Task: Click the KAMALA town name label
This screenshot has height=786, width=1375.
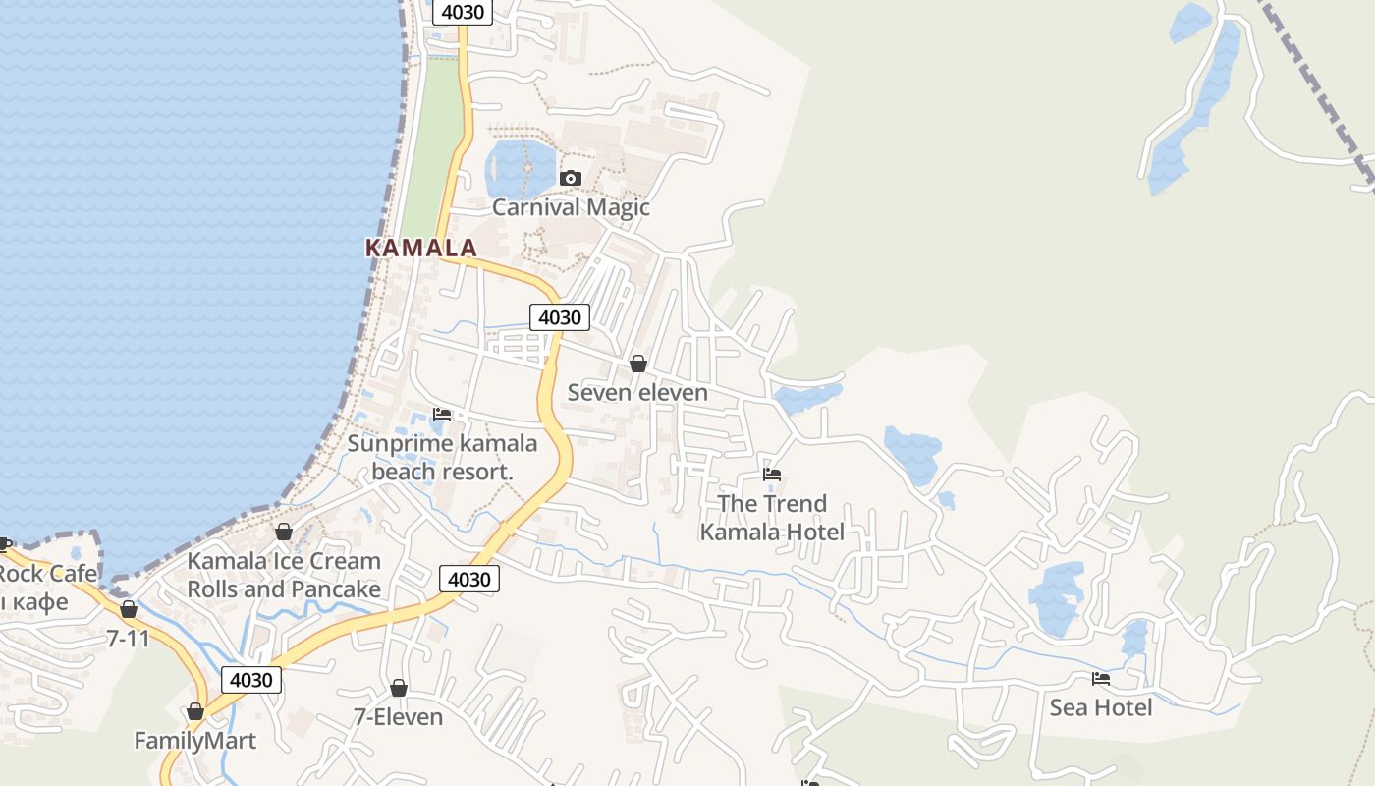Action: [421, 248]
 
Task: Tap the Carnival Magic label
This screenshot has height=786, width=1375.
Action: [571, 207]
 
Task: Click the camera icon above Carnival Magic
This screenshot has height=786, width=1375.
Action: [570, 178]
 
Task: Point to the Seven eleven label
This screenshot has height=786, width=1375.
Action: [637, 393]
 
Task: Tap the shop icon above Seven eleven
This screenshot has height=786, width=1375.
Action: [638, 364]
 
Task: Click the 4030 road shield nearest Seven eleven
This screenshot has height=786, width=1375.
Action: [560, 317]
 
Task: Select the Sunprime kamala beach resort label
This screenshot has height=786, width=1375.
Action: [442, 457]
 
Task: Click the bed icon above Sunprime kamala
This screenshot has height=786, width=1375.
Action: [442, 415]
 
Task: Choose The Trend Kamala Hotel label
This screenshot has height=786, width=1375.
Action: [772, 518]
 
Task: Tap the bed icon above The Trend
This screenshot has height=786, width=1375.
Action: [772, 475]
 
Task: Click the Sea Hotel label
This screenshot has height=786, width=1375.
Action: [1101, 707]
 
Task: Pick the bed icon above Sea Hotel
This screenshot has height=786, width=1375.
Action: [1101, 678]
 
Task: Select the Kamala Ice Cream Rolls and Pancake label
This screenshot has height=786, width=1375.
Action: [284, 575]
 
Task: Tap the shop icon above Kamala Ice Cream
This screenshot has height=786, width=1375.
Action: [284, 532]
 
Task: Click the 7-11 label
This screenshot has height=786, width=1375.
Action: [129, 639]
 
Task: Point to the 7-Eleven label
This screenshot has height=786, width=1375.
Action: [398, 717]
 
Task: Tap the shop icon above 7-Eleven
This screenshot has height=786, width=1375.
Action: [399, 688]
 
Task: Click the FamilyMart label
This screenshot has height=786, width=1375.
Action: [194, 741]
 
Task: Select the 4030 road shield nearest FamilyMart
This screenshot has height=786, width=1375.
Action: [251, 679]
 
